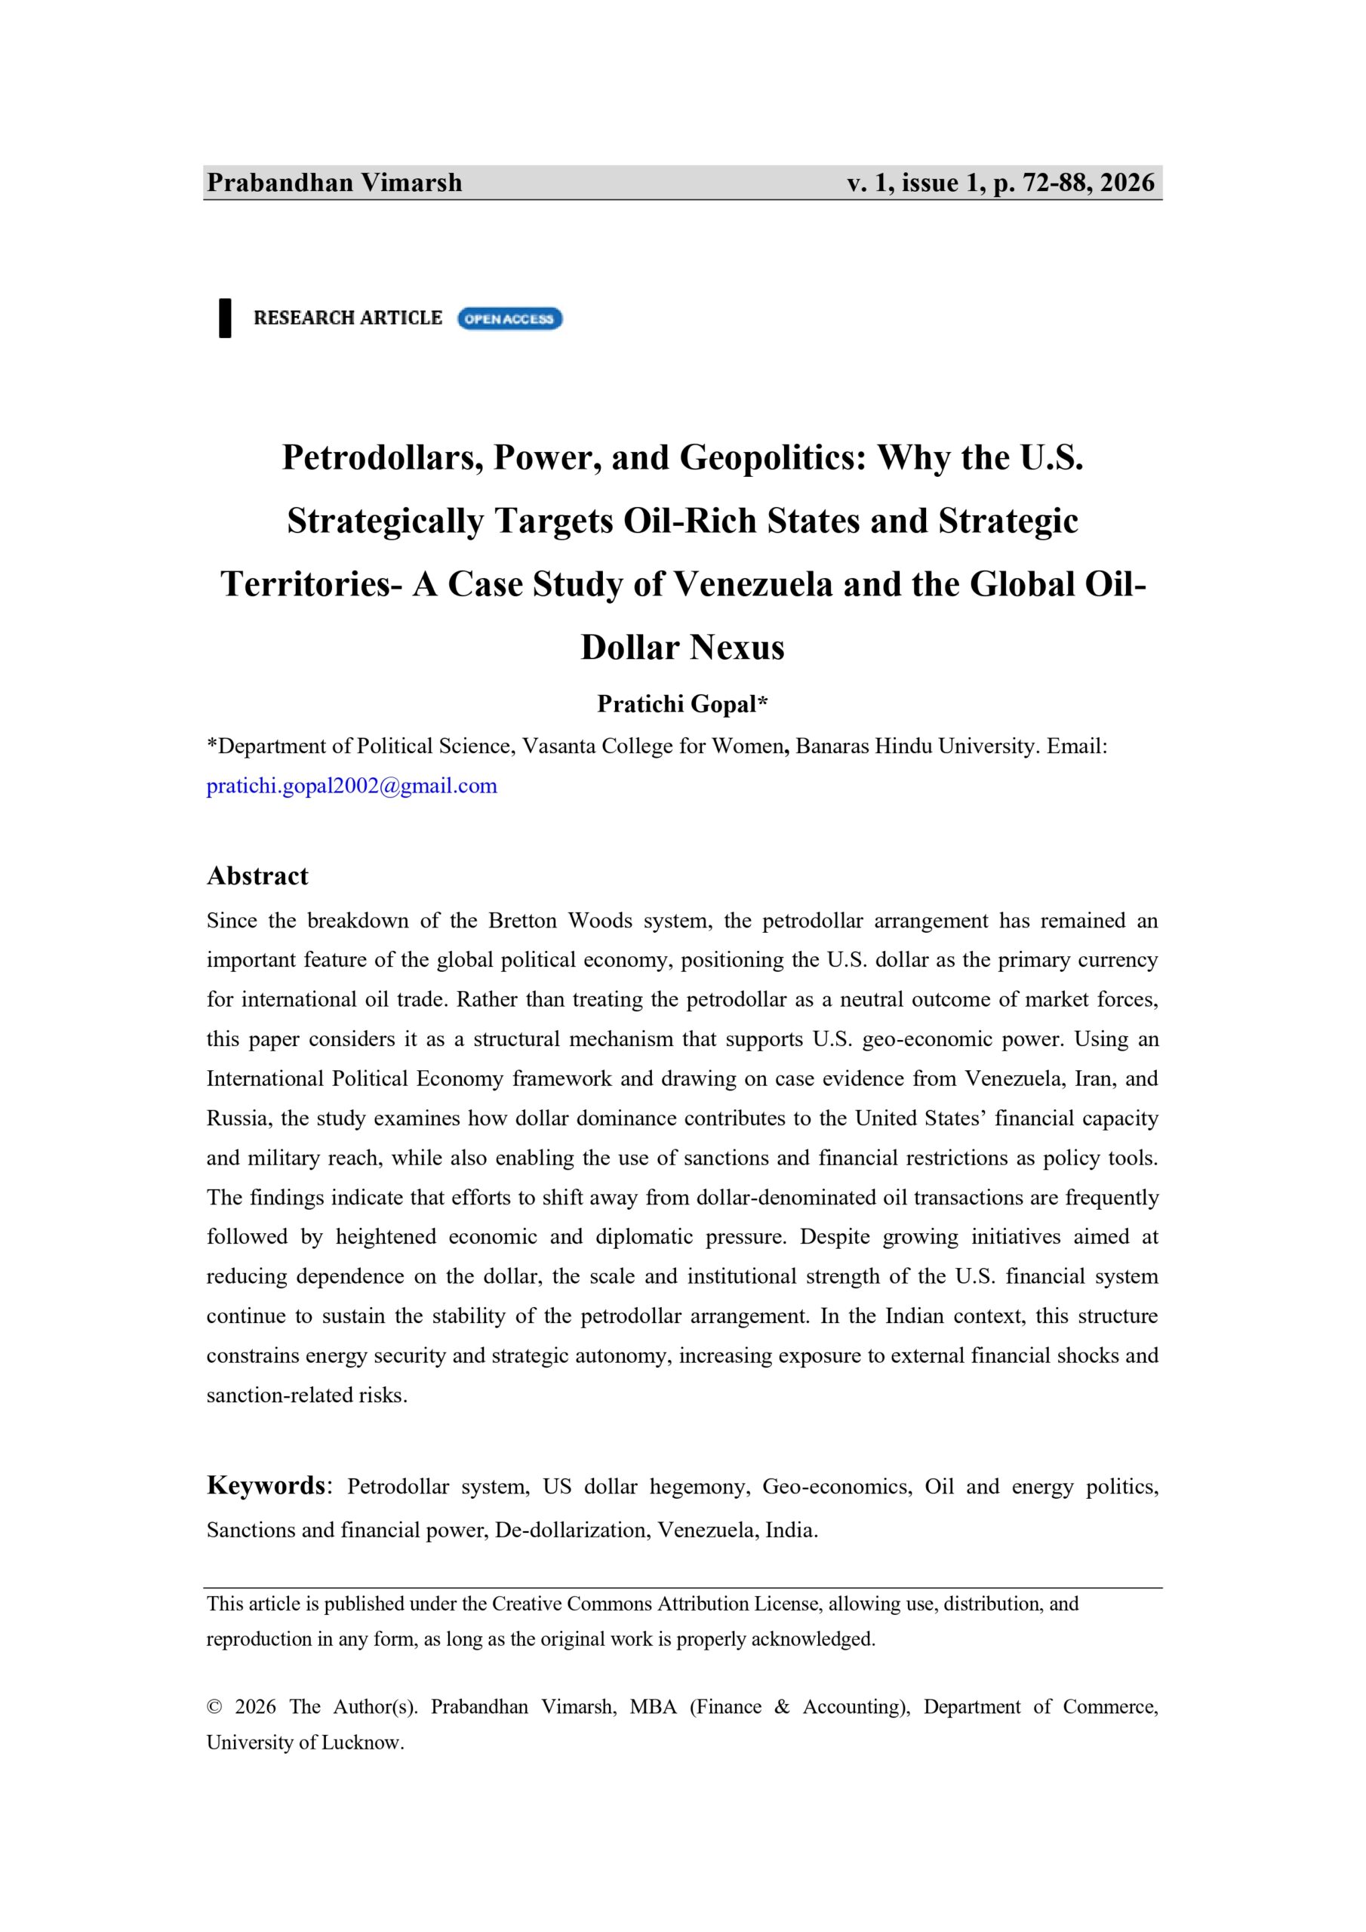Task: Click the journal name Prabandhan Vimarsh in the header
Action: point(334,183)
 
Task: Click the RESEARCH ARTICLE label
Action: point(348,317)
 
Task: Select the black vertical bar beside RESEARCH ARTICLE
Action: point(225,317)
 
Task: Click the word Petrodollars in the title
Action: point(382,457)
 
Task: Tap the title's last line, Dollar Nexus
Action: point(682,647)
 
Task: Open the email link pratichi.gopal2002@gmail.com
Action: point(352,786)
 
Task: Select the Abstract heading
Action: point(257,876)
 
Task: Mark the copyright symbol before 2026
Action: point(214,1706)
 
